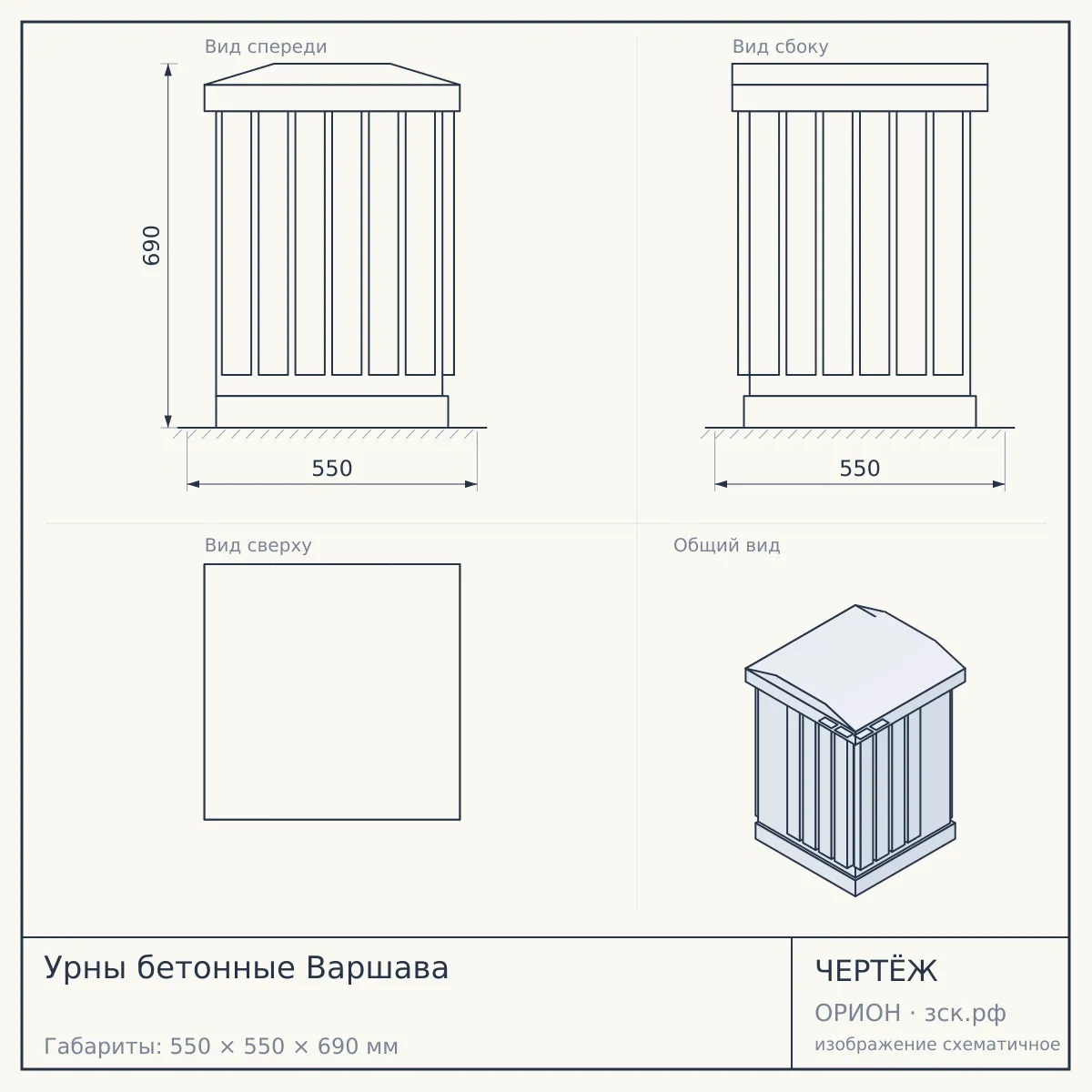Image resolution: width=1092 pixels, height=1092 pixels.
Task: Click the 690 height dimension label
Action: (151, 246)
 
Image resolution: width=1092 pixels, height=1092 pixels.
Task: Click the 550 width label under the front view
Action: (332, 469)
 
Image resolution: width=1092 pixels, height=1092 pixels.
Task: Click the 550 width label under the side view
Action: (860, 469)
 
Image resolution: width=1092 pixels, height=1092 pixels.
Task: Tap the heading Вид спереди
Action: (266, 46)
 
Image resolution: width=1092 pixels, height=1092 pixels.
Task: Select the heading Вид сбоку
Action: (780, 46)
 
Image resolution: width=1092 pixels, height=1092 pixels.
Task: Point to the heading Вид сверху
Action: (258, 545)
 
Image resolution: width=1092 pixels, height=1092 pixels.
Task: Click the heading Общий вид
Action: (727, 545)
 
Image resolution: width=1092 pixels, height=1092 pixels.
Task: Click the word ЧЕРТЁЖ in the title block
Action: (876, 971)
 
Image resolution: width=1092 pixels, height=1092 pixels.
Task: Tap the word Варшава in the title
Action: (378, 968)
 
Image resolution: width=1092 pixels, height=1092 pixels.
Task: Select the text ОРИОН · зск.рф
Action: (910, 1013)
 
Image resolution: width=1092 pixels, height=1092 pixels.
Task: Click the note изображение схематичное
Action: (937, 1044)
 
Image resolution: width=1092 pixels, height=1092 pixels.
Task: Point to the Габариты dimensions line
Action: (221, 1046)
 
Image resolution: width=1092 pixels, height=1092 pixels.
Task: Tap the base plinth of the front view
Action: (332, 411)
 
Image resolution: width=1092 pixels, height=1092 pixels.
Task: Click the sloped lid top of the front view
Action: (332, 74)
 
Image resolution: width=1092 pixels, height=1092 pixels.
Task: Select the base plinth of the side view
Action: (860, 411)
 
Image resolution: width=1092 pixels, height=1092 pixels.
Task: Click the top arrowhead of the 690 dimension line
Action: (168, 70)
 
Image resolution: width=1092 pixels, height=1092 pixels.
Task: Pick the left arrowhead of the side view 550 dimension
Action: (722, 484)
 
